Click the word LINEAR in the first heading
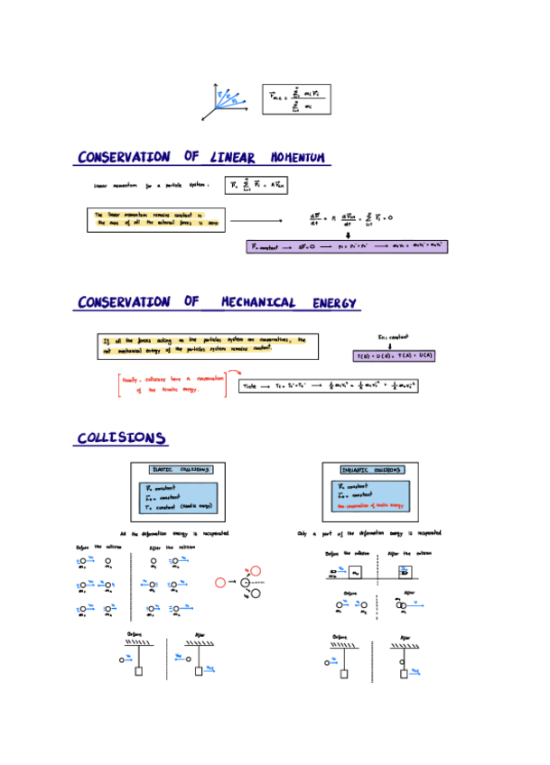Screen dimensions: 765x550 coord(233,158)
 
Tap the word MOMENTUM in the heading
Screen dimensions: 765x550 coord(293,158)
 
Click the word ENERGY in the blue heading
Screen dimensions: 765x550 coord(335,302)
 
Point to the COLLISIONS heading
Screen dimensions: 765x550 coord(121,438)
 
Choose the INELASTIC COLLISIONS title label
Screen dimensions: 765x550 coord(372,470)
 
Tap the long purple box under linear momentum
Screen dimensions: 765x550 coord(347,246)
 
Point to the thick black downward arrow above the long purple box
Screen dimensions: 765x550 coord(347,233)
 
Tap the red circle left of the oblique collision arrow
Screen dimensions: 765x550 coord(220,583)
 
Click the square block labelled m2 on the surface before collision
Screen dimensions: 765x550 coord(356,572)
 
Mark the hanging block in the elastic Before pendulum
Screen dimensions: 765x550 coord(139,670)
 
